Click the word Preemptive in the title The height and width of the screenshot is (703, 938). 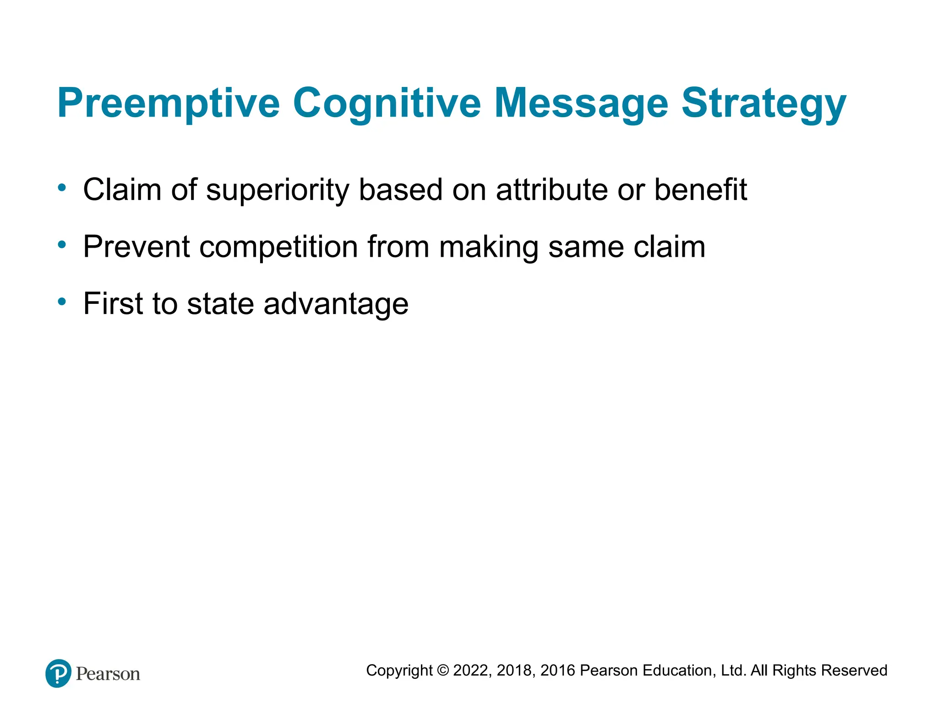168,103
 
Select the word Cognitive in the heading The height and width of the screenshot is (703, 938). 387,103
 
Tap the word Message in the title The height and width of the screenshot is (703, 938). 581,103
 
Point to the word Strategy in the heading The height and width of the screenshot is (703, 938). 763,103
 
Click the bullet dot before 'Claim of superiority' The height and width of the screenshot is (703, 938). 62,187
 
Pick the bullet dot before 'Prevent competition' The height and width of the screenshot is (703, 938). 62,244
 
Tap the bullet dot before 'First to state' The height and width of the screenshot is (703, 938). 62,302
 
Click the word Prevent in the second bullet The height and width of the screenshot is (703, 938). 136,247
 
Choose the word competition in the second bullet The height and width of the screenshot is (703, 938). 279,248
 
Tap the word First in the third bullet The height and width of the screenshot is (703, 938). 113,303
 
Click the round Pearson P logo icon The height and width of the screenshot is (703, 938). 59,673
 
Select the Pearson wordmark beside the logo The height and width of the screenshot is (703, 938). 108,674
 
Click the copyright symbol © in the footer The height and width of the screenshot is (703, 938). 443,671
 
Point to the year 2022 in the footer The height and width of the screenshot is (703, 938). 472,671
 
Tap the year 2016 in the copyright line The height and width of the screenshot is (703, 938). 557,671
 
